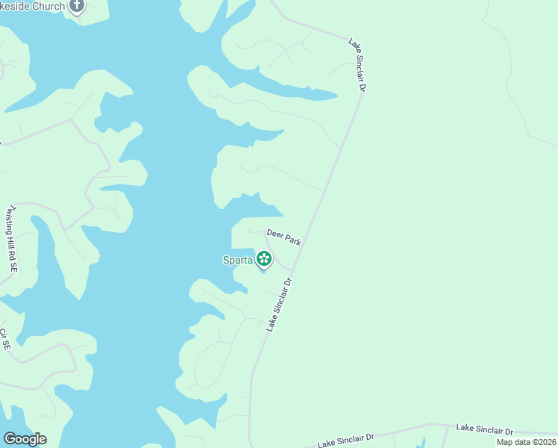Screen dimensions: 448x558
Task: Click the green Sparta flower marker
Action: [263, 259]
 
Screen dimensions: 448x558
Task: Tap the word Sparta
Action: [238, 260]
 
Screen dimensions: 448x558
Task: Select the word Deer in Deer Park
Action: [275, 234]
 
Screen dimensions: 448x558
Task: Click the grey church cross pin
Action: [77, 6]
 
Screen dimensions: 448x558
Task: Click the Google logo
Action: [25, 439]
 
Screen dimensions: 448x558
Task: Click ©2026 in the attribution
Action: [543, 442]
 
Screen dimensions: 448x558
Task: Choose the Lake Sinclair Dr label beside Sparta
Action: [278, 304]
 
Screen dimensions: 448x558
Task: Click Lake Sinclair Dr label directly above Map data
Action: [485, 430]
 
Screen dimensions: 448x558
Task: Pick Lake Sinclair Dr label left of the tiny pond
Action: [345, 441]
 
